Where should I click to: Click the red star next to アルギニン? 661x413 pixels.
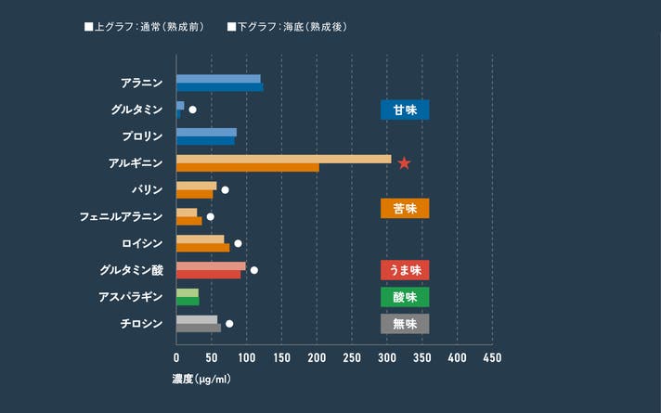coord(404,163)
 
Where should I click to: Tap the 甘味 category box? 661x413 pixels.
coord(405,110)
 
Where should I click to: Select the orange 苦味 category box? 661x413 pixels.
coord(405,208)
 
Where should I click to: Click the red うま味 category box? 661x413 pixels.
coord(405,270)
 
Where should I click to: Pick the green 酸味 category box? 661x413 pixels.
coord(405,297)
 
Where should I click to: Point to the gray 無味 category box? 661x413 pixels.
coord(405,324)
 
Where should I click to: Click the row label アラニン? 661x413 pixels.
coord(141,83)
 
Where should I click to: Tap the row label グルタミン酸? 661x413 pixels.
coord(131,270)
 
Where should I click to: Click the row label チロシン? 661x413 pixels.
coord(141,324)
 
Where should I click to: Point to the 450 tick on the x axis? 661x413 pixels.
coord(492,358)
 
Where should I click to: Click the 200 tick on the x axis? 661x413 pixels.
coord(317,358)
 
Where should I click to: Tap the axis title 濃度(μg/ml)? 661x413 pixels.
coord(201,380)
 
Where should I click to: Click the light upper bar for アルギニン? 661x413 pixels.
coord(283,159)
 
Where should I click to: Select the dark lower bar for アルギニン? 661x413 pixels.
coord(247,168)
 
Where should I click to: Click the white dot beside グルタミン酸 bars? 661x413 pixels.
coord(253,270)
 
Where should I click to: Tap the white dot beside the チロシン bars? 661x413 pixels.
coord(229,324)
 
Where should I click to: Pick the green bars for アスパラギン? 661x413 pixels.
coord(188,297)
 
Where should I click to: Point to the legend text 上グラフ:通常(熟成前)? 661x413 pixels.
coord(149,27)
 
